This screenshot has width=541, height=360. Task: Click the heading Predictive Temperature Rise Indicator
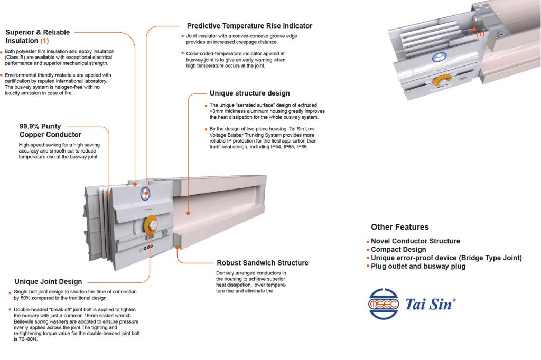249,26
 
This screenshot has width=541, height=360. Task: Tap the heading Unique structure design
249,93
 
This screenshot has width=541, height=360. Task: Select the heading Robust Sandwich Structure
263,263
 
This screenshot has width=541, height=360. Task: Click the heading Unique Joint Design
48,281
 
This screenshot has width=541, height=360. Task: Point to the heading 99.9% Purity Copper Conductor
44,130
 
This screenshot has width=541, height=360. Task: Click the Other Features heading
399,227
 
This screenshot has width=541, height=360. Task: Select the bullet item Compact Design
398,250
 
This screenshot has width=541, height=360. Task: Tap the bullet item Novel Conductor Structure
415,241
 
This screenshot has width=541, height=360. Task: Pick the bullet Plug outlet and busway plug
418,267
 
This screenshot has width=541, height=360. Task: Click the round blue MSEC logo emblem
384,304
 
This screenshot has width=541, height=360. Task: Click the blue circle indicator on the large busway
145,194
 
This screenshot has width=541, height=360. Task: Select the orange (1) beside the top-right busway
480,33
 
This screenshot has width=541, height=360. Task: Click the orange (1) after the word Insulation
45,41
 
